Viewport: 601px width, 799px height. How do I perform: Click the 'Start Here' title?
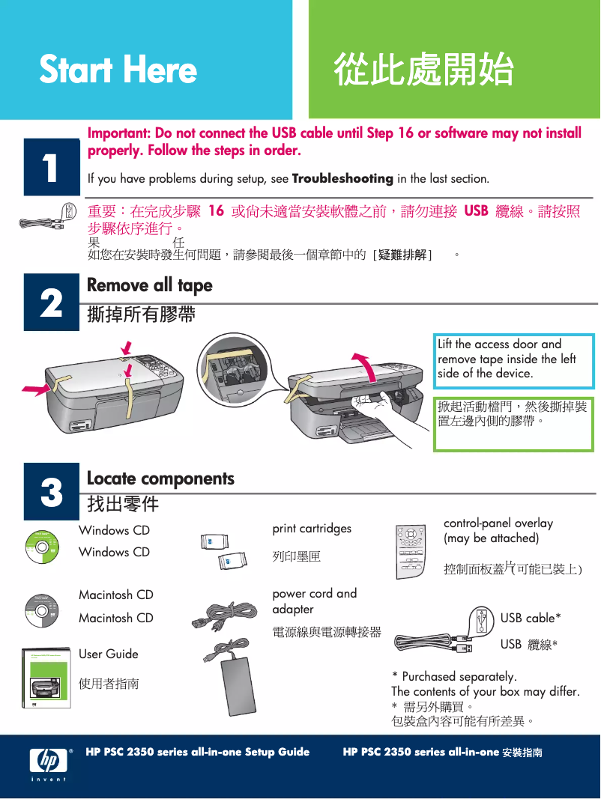pyautogui.click(x=118, y=70)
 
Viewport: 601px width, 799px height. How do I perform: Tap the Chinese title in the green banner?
pyautogui.click(x=423, y=70)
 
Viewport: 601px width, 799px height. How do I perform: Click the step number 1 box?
pyautogui.click(x=51, y=167)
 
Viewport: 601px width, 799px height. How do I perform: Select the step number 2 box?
pyautogui.click(x=51, y=303)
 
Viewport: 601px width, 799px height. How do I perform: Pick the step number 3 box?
pyautogui.click(x=51, y=493)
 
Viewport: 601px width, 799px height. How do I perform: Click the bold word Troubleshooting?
pyautogui.click(x=342, y=179)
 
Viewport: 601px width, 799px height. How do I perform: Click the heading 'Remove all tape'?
pyautogui.click(x=150, y=285)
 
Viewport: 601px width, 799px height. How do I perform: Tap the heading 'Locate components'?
pyautogui.click(x=160, y=479)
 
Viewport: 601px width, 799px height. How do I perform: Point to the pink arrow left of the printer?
pyautogui.click(x=35, y=389)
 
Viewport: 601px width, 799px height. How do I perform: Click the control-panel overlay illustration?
pyautogui.click(x=417, y=550)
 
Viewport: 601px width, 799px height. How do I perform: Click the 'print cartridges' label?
pyautogui.click(x=312, y=529)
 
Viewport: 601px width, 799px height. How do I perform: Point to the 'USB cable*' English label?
pyautogui.click(x=531, y=618)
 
